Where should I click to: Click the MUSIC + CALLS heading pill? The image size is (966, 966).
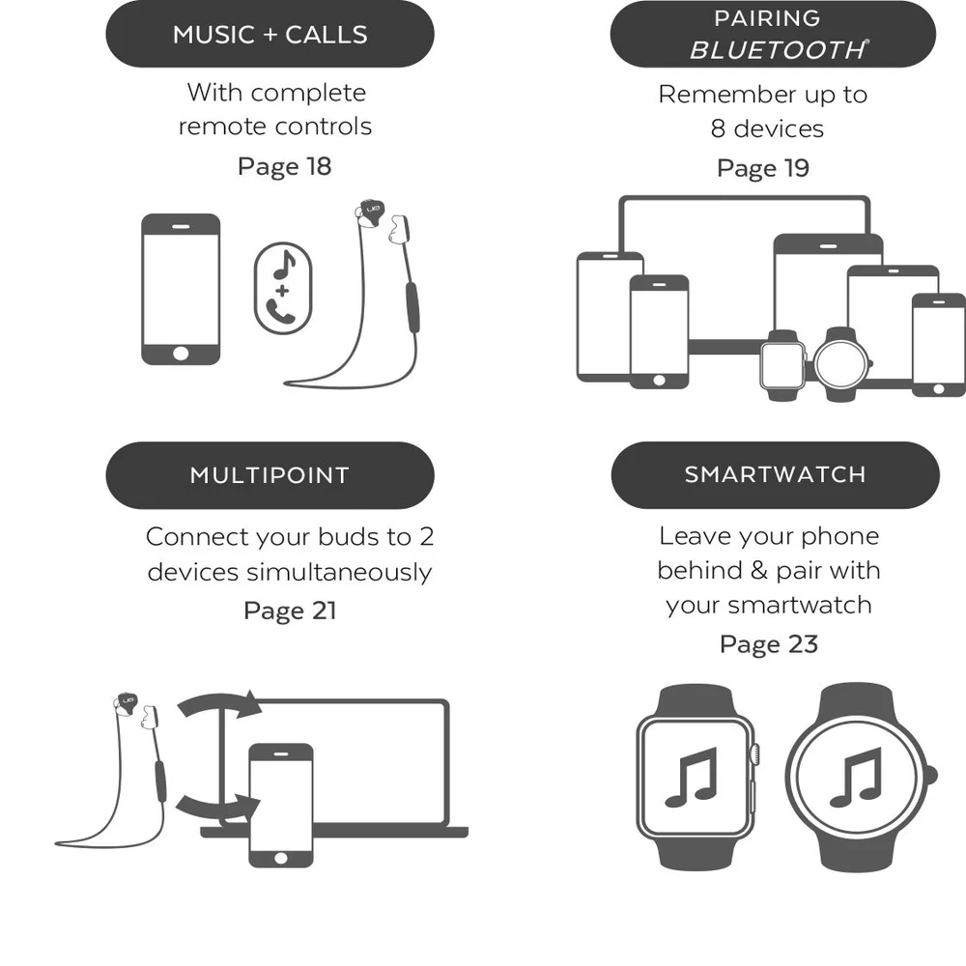(270, 34)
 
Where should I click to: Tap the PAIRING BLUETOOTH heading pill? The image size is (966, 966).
(773, 34)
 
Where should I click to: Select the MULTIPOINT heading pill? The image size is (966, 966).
(270, 475)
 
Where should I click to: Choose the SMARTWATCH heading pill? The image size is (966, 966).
(775, 474)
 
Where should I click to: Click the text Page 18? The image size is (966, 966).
(285, 167)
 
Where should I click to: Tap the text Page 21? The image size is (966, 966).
(290, 611)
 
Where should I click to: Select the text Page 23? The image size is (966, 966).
(769, 644)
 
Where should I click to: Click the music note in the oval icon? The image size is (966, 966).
(284, 265)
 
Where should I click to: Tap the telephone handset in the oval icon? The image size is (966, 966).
(280, 310)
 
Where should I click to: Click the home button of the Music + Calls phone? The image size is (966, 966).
(181, 354)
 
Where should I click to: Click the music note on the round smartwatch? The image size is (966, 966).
(856, 777)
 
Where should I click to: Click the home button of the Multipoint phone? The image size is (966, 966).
(280, 858)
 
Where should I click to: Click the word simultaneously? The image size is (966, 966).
(339, 572)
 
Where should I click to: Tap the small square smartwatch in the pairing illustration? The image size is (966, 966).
(782, 365)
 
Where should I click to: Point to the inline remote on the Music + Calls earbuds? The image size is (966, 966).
(412, 307)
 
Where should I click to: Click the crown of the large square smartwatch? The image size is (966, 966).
(754, 753)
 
